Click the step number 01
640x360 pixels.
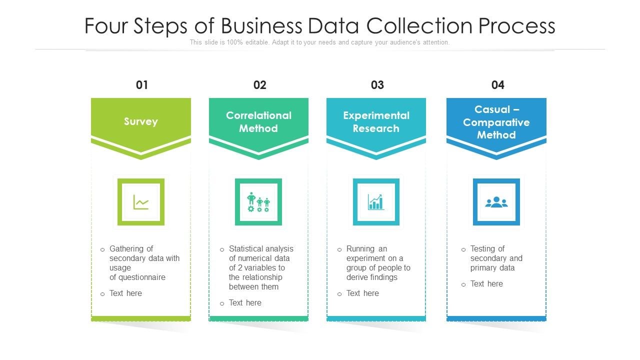click(142, 85)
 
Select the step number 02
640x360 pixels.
click(259, 85)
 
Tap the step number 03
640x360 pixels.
click(377, 85)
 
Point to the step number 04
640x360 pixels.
click(497, 85)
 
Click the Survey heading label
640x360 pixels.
click(141, 121)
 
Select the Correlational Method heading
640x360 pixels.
click(258, 122)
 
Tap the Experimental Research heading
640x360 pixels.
click(376, 122)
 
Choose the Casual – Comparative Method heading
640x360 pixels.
click(496, 122)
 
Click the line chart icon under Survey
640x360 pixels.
click(141, 202)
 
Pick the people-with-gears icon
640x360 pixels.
click(258, 202)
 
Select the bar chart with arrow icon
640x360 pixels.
click(376, 202)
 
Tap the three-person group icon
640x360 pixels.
click(496, 202)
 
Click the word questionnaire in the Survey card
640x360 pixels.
click(141, 277)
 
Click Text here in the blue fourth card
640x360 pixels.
click(486, 283)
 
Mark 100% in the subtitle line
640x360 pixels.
click(235, 42)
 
